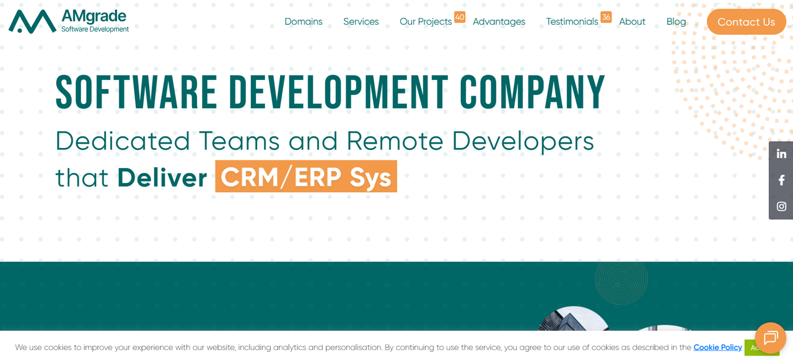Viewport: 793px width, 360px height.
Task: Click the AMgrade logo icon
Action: (32, 21)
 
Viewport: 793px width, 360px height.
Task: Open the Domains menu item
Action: (304, 22)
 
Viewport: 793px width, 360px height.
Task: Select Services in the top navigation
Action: (361, 22)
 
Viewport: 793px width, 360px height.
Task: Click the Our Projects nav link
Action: (426, 22)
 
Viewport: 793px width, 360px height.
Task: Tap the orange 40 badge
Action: (460, 17)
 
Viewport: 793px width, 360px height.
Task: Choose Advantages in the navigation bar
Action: (499, 22)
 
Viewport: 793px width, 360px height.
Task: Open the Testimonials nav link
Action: (572, 22)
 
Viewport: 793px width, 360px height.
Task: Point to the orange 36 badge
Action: (606, 17)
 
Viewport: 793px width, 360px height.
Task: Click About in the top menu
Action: (632, 22)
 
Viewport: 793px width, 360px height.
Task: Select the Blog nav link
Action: (676, 22)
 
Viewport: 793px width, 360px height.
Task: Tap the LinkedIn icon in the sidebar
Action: (781, 154)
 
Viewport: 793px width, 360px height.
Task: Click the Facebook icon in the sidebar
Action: (781, 180)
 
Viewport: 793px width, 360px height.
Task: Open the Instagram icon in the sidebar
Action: (781, 206)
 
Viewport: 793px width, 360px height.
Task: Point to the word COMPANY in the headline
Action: (532, 93)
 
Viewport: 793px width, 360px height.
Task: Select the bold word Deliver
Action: (162, 178)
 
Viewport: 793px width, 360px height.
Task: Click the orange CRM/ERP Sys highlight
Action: (306, 177)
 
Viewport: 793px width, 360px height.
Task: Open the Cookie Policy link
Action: (717, 348)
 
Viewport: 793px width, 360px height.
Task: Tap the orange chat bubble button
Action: (770, 338)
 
